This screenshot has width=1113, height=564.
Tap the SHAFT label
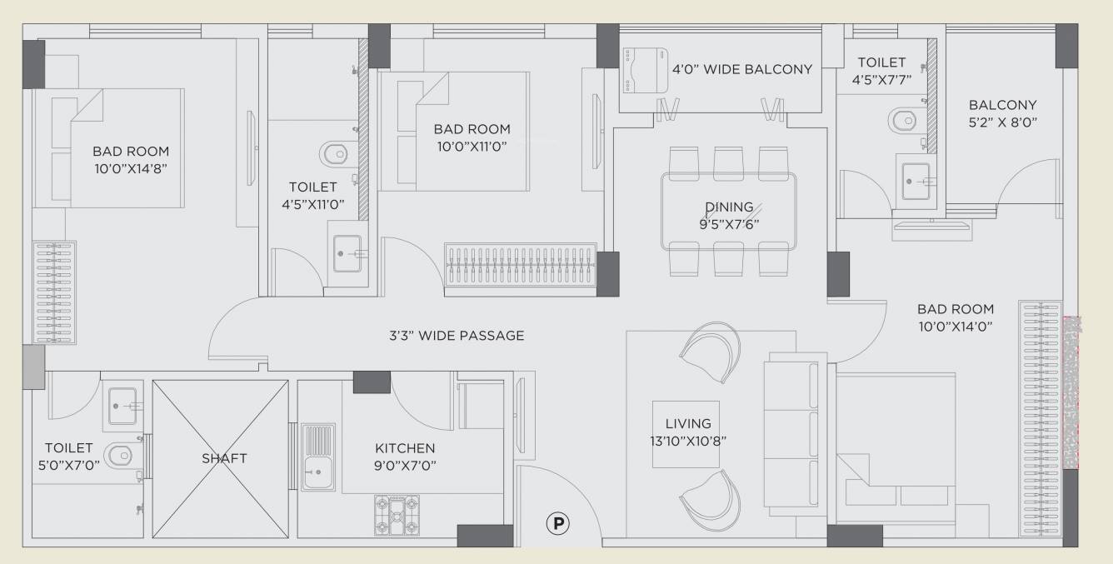click(x=224, y=457)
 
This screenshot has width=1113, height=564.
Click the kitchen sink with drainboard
click(x=317, y=457)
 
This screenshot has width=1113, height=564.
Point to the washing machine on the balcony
click(x=636, y=69)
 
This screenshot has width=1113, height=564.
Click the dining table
click(x=728, y=212)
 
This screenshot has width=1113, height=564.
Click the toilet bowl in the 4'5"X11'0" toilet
click(x=334, y=153)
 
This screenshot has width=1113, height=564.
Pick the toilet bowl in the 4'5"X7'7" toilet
click(x=905, y=120)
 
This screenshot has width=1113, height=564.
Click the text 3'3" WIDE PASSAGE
click(x=457, y=336)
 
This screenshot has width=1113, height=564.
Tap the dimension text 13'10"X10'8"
click(x=685, y=442)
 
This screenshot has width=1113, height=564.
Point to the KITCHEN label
click(x=405, y=448)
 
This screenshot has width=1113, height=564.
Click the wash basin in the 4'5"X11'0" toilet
click(x=349, y=253)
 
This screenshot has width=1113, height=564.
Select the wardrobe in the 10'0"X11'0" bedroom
click(x=521, y=267)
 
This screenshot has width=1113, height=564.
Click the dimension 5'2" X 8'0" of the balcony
click(x=1002, y=122)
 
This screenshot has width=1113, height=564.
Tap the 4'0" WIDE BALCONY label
click(x=741, y=69)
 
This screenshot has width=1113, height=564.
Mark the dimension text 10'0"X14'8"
click(x=130, y=167)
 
